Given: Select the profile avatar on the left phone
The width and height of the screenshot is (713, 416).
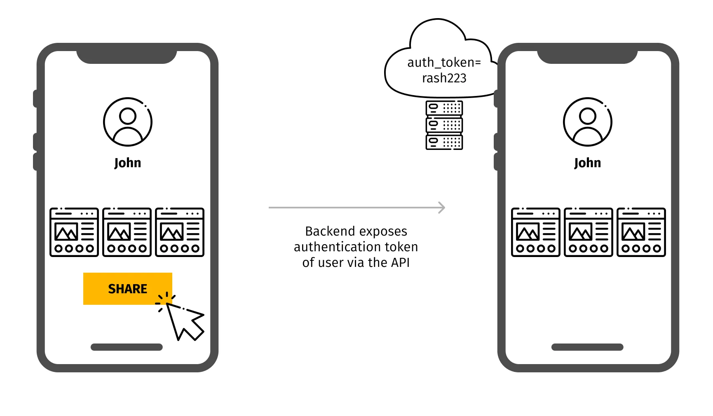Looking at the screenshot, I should click(x=127, y=122).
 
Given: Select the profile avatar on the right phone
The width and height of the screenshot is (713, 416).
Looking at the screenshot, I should click(x=587, y=122).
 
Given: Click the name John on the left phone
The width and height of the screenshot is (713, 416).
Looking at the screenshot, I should click(x=127, y=163).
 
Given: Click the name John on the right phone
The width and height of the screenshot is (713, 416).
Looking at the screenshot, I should click(x=587, y=163).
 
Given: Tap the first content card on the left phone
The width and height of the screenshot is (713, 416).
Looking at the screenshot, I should click(x=74, y=232).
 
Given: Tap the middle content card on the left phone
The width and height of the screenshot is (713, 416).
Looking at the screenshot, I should click(x=127, y=232).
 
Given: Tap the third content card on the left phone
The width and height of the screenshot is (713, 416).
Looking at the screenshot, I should click(x=180, y=232).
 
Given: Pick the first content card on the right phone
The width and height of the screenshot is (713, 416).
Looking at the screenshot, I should click(x=535, y=232).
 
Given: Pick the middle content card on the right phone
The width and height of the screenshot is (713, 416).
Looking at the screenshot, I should click(x=588, y=232).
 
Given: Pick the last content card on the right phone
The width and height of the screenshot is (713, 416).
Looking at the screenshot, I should click(x=641, y=232).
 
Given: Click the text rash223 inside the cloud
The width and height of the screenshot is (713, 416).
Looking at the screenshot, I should click(x=444, y=78).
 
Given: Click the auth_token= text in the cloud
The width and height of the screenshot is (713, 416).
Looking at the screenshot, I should click(x=444, y=62).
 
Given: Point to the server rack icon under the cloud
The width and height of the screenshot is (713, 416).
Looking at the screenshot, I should click(x=444, y=125).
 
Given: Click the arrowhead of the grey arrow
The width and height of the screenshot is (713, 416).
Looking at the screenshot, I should click(x=442, y=208).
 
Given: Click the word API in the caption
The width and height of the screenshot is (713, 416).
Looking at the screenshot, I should click(x=399, y=262).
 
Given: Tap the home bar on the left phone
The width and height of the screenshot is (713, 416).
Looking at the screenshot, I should click(x=127, y=347).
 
